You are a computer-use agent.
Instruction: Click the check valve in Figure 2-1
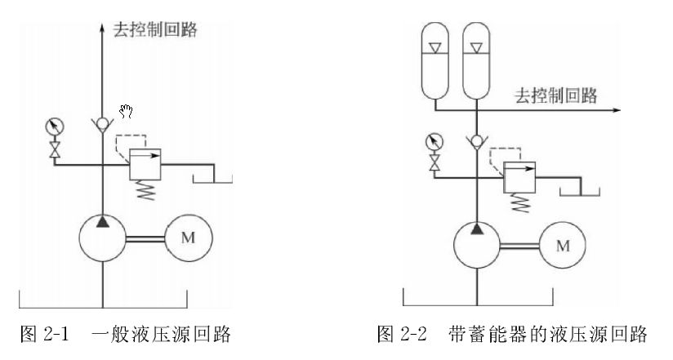[x=102, y=124]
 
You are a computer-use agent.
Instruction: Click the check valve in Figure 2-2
[x=476, y=140]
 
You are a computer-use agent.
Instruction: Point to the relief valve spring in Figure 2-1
[x=145, y=190]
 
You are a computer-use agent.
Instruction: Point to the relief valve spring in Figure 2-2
[x=519, y=202]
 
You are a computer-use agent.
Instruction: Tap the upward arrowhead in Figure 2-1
[x=102, y=28]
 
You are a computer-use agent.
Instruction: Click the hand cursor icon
[x=126, y=112]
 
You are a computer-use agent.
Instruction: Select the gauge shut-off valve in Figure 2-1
[x=55, y=149]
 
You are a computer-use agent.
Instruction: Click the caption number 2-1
[x=56, y=334]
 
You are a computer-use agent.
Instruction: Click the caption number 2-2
[x=414, y=334]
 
